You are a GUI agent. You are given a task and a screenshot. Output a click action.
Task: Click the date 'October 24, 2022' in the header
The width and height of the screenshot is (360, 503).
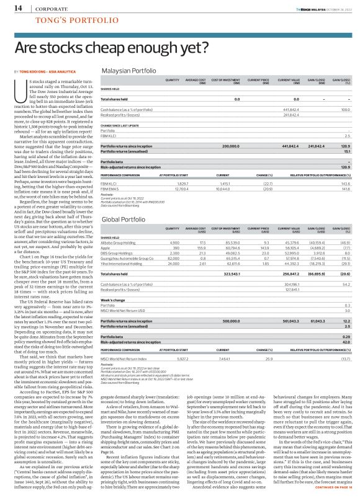point(339,8)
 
